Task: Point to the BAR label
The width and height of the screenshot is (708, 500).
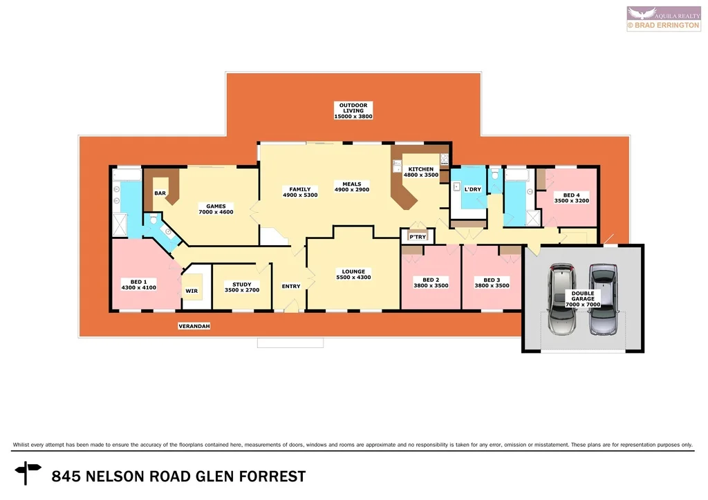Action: tap(160, 193)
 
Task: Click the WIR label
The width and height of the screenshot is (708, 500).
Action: tap(192, 291)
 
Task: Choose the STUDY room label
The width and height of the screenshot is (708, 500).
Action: tap(242, 285)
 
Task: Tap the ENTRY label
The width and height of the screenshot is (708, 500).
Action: tap(291, 286)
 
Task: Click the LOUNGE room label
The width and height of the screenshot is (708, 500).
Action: tap(353, 271)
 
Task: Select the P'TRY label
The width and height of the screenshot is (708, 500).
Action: tap(417, 237)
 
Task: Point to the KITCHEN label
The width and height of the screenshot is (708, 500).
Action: tap(420, 169)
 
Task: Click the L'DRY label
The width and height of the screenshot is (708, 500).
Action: tap(473, 189)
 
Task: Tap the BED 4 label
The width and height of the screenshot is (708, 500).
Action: tap(571, 195)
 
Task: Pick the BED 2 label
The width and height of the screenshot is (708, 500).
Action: tap(431, 280)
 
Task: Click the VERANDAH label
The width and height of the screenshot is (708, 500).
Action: tap(194, 325)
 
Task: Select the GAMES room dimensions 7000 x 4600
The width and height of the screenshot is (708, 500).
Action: tap(216, 212)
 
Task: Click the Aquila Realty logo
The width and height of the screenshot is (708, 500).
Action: tap(663, 18)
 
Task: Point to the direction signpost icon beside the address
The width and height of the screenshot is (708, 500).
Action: tap(28, 474)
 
